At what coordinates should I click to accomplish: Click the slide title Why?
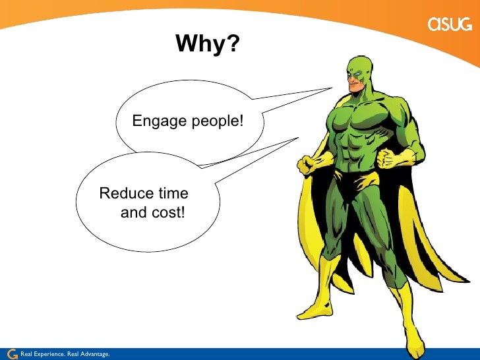pos(208,45)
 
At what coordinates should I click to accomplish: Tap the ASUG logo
pos(450,25)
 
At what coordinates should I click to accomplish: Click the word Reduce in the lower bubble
pos(121,194)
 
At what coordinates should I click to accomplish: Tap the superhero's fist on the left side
pos(309,164)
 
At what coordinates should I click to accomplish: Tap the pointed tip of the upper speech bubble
pos(332,88)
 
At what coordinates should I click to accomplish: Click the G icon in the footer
pos(11,354)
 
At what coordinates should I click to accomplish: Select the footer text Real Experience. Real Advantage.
pos(65,355)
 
